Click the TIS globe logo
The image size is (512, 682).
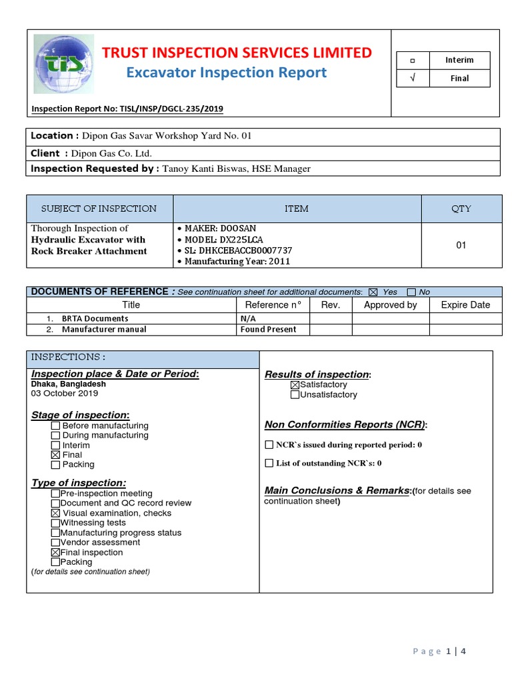tap(63, 65)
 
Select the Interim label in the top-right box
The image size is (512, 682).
tap(459, 60)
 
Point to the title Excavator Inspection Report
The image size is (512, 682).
tap(227, 72)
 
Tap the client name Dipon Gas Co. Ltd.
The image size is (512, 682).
tap(112, 153)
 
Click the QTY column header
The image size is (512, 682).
tap(461, 208)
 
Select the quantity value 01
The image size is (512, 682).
tap(461, 245)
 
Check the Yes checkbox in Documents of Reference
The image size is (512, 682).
tap(373, 292)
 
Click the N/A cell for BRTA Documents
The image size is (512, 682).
tap(248, 319)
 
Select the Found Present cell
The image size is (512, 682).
tap(268, 329)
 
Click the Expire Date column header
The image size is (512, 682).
tap(465, 305)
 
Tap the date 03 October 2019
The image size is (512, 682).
tap(65, 394)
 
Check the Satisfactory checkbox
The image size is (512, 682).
tap(295, 385)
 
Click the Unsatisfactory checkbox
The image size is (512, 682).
tap(295, 395)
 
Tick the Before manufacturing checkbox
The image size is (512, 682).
tap(55, 426)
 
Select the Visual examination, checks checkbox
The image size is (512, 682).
tap(55, 513)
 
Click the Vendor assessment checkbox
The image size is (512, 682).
tap(55, 543)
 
